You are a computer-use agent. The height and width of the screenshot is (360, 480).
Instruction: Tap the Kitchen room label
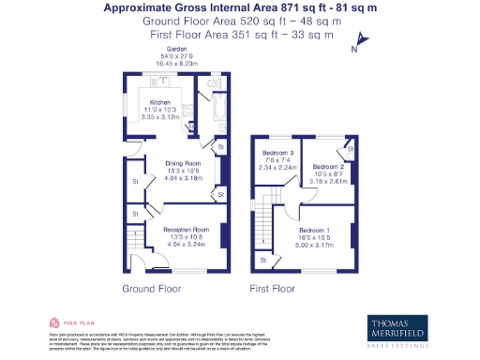pyautogui.click(x=160, y=101)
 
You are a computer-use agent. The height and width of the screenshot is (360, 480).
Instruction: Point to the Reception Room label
pyautogui.click(x=184, y=229)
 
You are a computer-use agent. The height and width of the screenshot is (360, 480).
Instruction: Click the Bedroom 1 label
pyautogui.click(x=315, y=230)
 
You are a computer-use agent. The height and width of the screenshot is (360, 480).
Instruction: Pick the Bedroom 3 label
pyautogui.click(x=277, y=152)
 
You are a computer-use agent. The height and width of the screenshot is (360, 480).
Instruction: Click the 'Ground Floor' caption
pyautogui.click(x=151, y=289)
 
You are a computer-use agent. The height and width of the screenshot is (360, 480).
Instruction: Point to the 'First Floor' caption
pyautogui.click(x=273, y=289)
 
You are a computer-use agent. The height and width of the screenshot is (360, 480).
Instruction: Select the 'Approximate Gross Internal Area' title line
pyautogui.click(x=239, y=7)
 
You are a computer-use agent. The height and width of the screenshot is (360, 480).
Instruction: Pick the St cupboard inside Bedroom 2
pyautogui.click(x=349, y=147)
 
